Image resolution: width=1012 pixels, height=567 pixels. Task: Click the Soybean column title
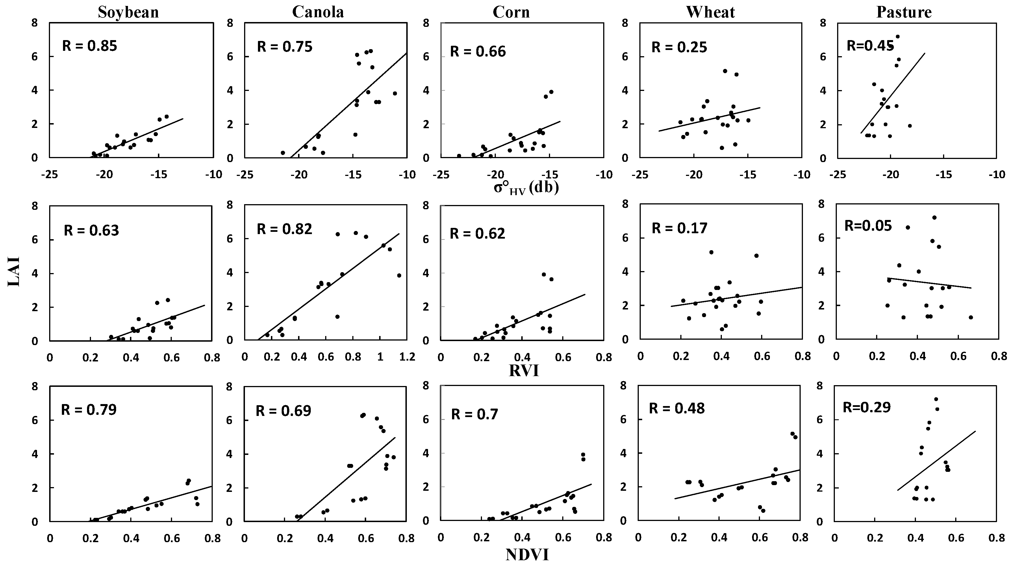[x=129, y=12]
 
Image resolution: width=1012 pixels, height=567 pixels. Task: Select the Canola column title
[x=318, y=12]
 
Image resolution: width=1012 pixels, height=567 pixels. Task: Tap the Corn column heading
[x=511, y=12]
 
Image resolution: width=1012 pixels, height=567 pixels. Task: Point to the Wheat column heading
[x=710, y=12]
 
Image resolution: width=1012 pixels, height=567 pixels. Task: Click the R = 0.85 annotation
[x=90, y=46]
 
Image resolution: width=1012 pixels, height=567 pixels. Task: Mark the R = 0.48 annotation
[x=676, y=408]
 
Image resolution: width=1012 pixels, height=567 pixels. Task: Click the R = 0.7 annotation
[x=475, y=414]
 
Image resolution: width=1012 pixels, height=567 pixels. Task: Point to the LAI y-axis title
[x=14, y=272]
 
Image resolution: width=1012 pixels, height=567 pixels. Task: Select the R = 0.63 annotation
[x=91, y=230]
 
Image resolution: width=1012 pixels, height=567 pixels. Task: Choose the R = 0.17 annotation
[x=679, y=228]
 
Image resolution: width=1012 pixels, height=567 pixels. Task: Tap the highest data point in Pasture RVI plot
[x=934, y=217]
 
